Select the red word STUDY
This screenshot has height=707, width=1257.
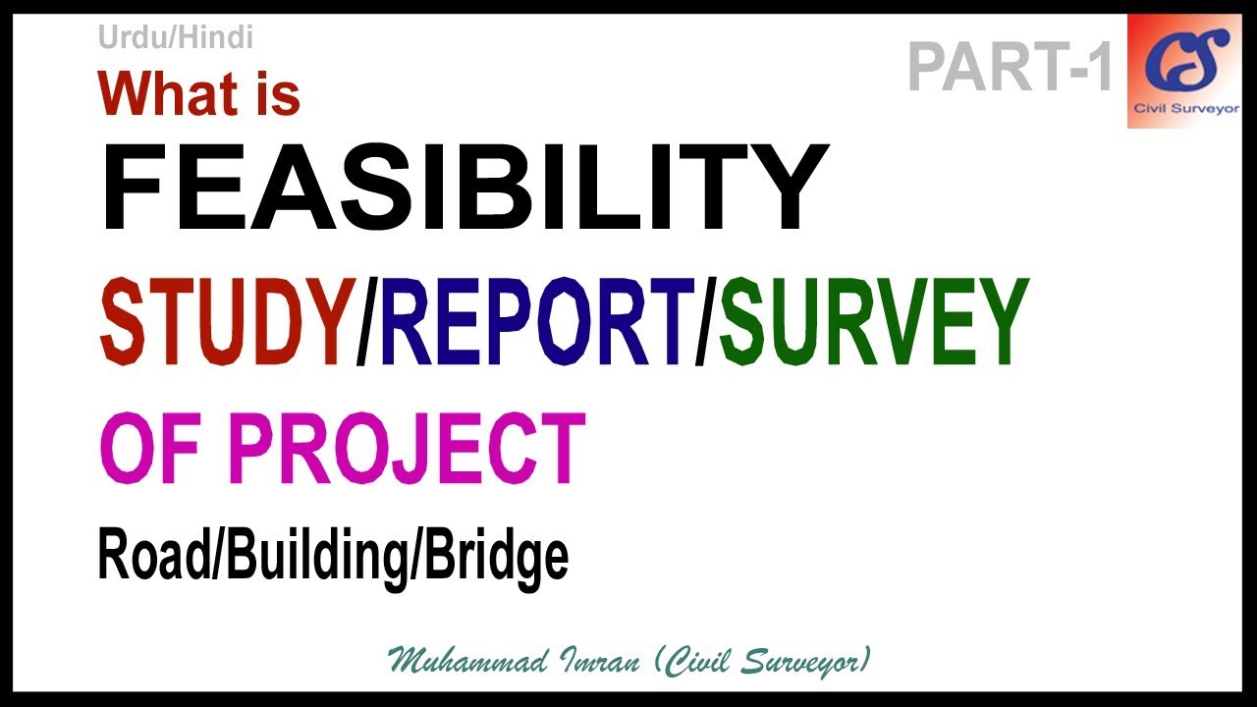click(x=226, y=321)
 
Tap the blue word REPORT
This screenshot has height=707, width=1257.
click(x=536, y=321)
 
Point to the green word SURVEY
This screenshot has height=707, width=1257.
click(x=873, y=321)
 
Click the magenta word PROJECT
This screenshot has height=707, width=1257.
click(x=409, y=450)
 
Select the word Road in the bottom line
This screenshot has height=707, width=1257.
click(x=157, y=556)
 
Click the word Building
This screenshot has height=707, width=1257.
click(x=320, y=558)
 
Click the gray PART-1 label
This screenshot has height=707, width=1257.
click(x=1011, y=68)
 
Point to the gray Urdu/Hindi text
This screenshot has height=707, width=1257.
click(x=176, y=38)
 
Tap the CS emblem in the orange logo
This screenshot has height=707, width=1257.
click(x=1185, y=59)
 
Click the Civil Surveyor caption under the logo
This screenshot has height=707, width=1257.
click(x=1185, y=109)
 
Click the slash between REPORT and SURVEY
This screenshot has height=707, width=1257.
click(x=705, y=321)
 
